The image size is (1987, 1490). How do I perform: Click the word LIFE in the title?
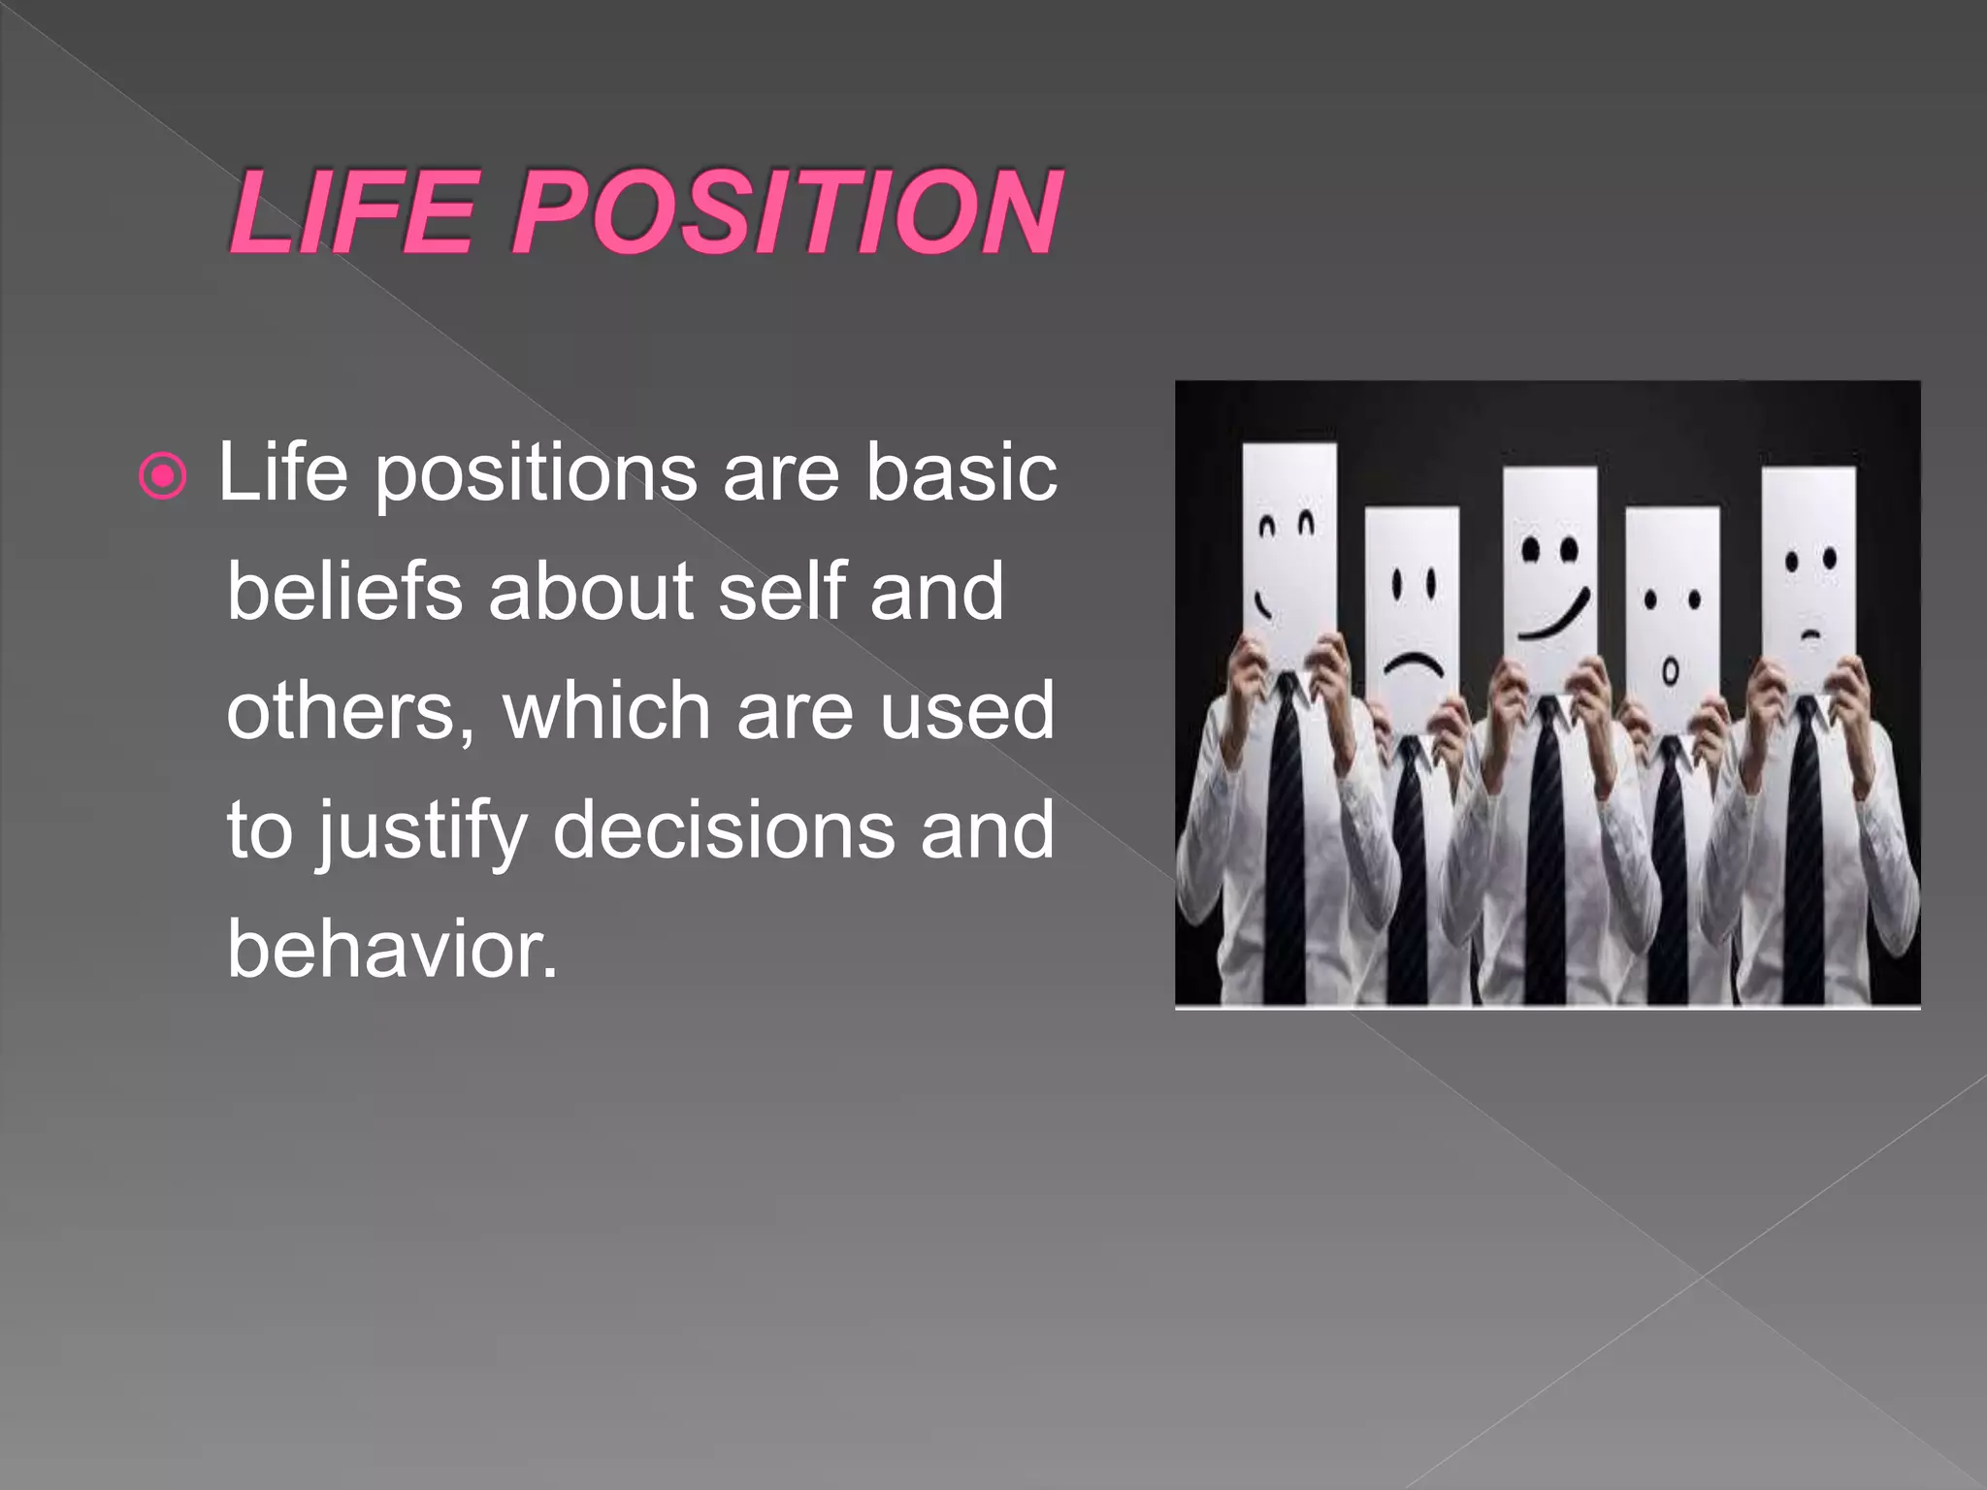[354, 211]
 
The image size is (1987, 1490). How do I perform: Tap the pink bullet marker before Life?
[162, 476]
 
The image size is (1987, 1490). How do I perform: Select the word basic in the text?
[961, 472]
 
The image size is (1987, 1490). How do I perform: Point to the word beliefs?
[344, 591]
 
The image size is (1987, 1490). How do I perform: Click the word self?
[782, 591]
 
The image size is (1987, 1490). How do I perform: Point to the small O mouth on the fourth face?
[1670, 671]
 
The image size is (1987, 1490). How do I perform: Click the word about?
[591, 591]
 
